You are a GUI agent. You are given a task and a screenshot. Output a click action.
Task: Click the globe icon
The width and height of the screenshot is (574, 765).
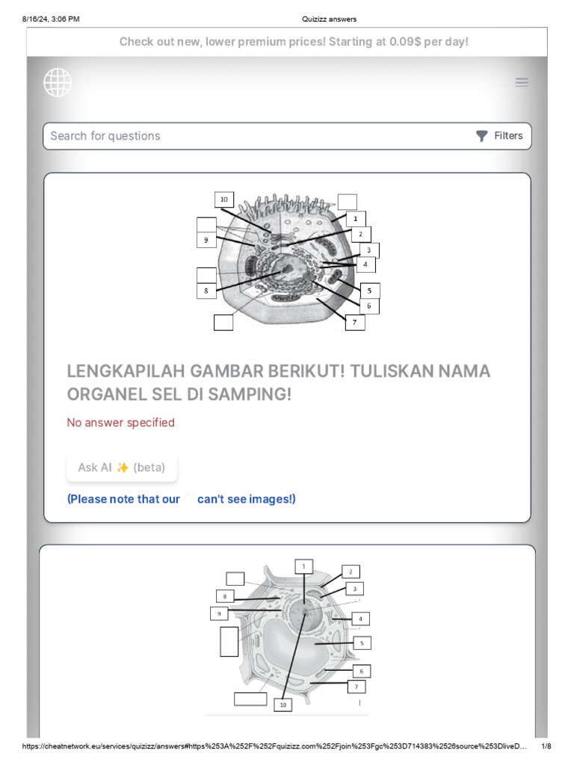[58, 82]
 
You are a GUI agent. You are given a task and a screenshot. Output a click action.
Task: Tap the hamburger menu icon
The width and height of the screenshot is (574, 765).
[522, 82]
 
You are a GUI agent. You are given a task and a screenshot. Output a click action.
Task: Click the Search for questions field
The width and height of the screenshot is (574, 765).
[254, 136]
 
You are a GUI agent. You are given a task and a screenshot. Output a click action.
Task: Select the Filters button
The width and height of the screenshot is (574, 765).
[500, 136]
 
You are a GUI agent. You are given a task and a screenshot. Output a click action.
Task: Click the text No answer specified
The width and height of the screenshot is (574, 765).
[121, 423]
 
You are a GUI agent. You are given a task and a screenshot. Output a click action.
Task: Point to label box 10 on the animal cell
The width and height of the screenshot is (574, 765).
[223, 199]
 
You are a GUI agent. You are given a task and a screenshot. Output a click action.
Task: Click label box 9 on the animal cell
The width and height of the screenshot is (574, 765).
[206, 240]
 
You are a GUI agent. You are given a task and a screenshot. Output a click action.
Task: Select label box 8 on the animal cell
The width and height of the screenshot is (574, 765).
[206, 291]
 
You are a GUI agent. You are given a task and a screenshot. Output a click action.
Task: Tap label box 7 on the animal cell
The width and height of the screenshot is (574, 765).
[354, 323]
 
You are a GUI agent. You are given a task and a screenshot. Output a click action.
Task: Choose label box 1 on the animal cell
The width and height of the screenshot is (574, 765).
[355, 219]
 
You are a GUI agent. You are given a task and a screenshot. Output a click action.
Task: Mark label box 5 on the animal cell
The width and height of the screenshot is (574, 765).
[369, 290]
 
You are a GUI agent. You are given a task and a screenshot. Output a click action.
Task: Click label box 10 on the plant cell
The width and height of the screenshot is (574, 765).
[283, 704]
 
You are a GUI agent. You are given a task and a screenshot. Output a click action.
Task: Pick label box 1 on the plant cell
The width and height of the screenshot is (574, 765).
[303, 567]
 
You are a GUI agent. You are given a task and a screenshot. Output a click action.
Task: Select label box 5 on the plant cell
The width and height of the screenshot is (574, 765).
[361, 642]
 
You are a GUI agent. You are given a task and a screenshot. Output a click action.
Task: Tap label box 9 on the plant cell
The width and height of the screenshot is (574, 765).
[219, 613]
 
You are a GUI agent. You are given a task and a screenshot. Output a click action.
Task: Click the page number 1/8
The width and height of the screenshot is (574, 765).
[546, 746]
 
